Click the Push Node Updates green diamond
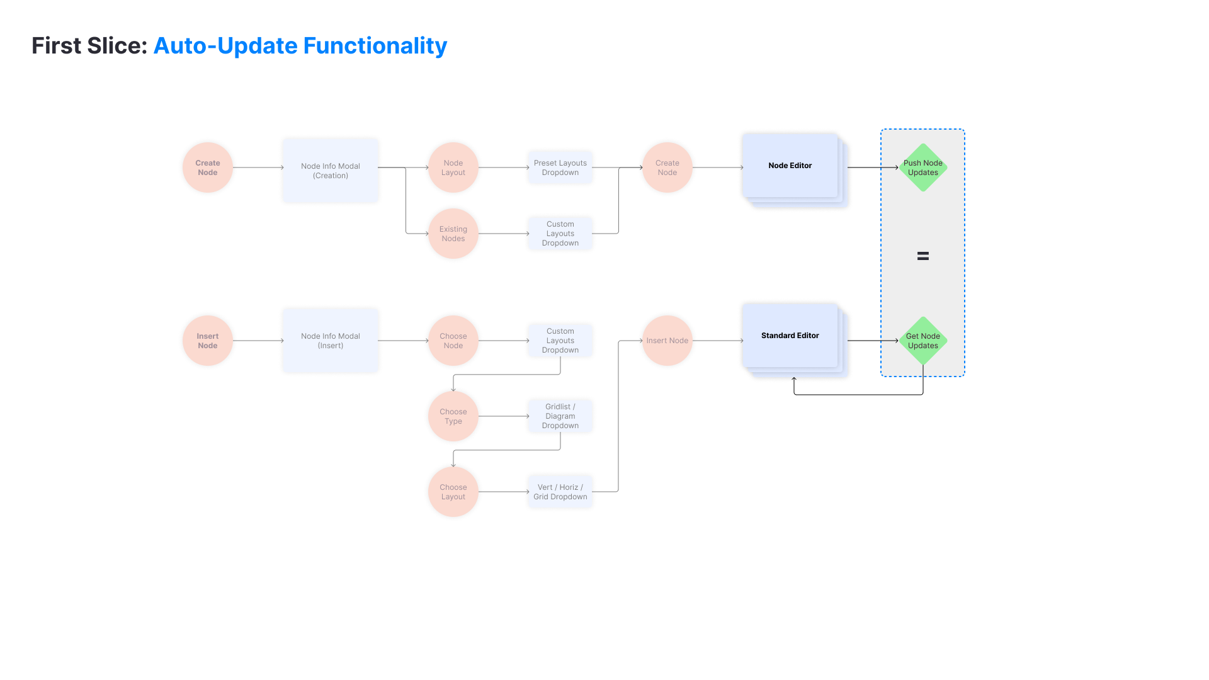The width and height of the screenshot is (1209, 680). (x=923, y=167)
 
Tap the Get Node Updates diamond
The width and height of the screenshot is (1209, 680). (x=923, y=341)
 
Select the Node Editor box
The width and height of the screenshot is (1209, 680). (x=790, y=166)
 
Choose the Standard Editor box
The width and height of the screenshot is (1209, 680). (x=790, y=336)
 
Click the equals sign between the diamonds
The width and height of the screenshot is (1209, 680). (x=923, y=256)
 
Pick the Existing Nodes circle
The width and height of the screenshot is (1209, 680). (x=453, y=234)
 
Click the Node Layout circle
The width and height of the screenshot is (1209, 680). (x=453, y=167)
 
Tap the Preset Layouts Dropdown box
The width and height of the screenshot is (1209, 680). (x=560, y=167)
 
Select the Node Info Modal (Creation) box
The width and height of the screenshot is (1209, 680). (x=331, y=171)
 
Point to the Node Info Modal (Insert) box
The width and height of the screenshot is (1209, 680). (x=331, y=341)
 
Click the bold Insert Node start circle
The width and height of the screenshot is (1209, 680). (x=208, y=341)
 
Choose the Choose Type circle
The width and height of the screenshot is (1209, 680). (x=453, y=416)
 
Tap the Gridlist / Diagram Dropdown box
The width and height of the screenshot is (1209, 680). (x=560, y=416)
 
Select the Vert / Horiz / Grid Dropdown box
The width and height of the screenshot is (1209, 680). (x=560, y=492)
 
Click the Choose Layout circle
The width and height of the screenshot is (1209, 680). (x=453, y=492)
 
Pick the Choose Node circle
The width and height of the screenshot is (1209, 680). (x=453, y=341)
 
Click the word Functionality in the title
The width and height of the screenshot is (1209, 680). (x=375, y=46)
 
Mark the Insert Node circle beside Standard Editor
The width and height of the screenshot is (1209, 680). (x=667, y=341)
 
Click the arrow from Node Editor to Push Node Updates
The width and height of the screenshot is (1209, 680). (x=873, y=167)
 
